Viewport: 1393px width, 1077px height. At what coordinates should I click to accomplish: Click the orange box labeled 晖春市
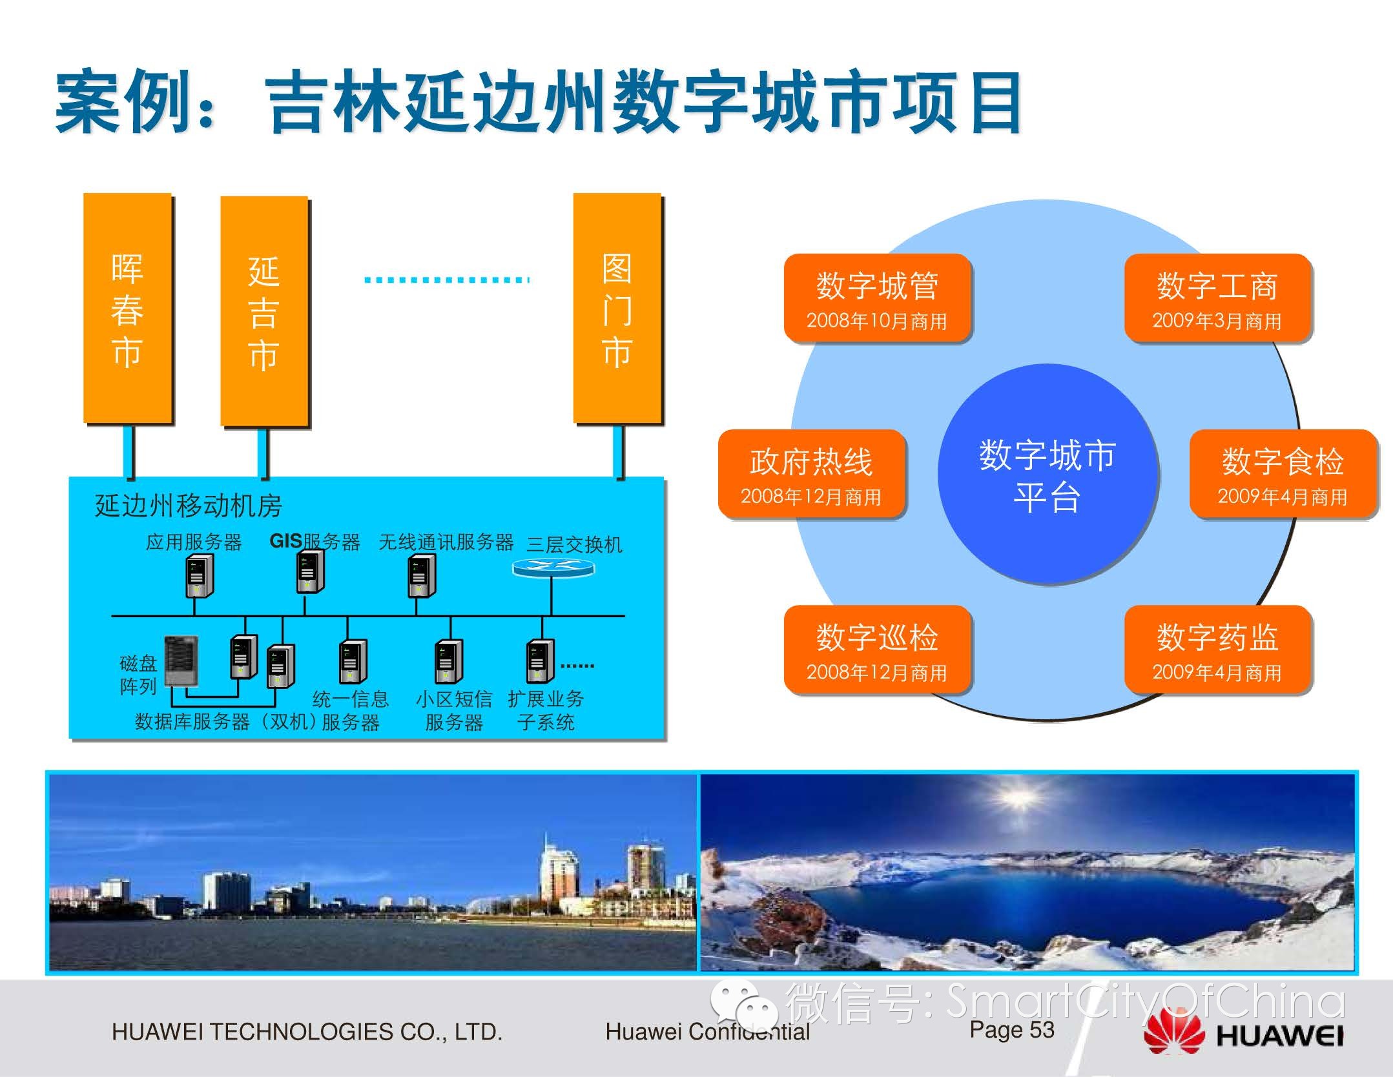coord(128,308)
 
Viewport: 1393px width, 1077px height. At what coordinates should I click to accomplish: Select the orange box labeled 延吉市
coord(264,311)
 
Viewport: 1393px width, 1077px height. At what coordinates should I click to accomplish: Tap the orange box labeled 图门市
coord(618,308)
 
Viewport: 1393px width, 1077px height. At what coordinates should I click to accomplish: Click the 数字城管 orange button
coord(877,298)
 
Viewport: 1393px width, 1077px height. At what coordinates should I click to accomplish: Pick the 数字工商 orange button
coord(1217,298)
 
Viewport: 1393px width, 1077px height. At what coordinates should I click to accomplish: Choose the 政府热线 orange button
coord(811,474)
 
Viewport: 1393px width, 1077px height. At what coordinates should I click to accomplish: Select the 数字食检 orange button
coord(1283,474)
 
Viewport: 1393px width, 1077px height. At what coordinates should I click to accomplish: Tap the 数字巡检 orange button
coord(877,650)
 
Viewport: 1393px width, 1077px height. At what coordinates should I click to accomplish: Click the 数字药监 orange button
coord(1217,650)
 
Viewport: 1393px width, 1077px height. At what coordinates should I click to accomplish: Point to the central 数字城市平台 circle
coord(1047,475)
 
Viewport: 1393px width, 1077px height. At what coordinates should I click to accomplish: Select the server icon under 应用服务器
coord(199,577)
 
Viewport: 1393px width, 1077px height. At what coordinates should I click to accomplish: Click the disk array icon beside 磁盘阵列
coord(181,661)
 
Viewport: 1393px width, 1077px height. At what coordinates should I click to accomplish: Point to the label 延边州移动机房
coord(189,506)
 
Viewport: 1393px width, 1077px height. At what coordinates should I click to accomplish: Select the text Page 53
coord(1012,1029)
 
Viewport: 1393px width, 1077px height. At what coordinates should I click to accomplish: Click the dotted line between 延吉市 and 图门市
coord(447,280)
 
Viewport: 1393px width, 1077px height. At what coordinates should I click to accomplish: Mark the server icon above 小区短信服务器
coord(449,661)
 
